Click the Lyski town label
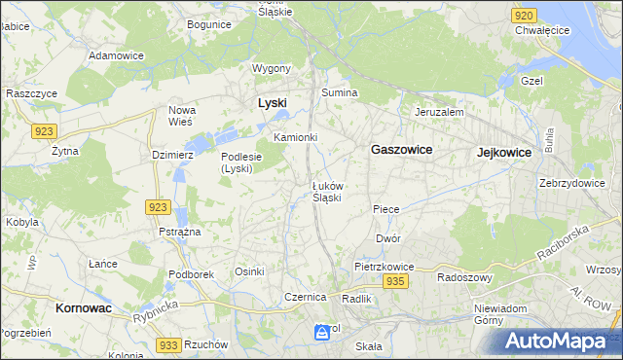[x=272, y=102]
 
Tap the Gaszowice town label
[x=401, y=150]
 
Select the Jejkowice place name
[x=503, y=153]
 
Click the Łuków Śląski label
[x=326, y=191]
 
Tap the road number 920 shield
[x=524, y=16]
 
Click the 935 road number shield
[x=394, y=281]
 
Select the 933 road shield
[x=167, y=345]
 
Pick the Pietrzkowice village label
[x=385, y=266]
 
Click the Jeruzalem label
[x=439, y=112]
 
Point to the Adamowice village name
[x=116, y=56]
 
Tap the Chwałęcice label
[x=542, y=30]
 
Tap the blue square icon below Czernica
[x=321, y=333]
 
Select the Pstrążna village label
[x=179, y=232]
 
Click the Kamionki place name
[x=296, y=137]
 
